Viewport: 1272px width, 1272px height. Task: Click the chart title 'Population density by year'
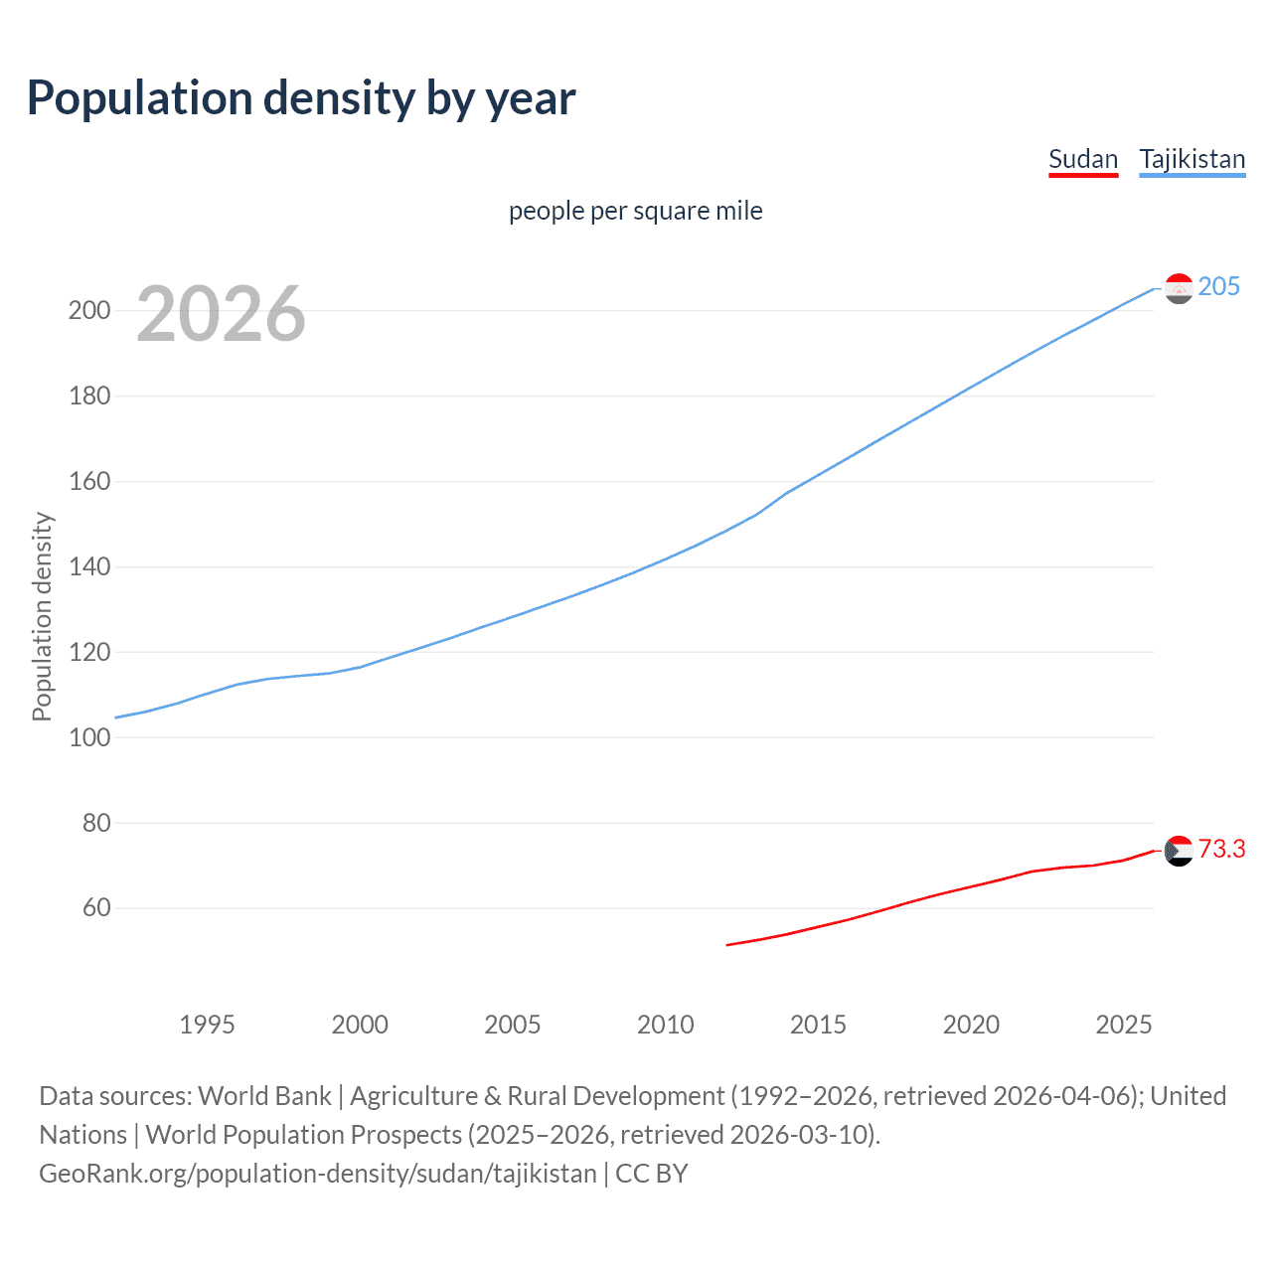(x=301, y=98)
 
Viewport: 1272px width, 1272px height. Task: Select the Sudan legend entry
(x=1083, y=159)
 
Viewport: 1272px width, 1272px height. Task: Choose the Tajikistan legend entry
(x=1192, y=159)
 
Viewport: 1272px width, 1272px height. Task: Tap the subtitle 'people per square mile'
(x=636, y=211)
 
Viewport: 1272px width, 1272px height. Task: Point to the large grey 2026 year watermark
(x=221, y=314)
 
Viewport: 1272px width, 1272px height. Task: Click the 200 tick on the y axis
(x=89, y=310)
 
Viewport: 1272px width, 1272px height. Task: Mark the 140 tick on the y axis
(x=89, y=566)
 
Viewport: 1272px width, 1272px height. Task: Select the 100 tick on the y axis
(x=89, y=737)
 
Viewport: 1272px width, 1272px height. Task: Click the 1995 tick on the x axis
(x=207, y=1025)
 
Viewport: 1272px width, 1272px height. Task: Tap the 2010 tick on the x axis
(x=665, y=1025)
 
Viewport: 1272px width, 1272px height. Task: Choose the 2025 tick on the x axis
(x=1123, y=1025)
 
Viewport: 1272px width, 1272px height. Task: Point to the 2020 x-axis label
(x=971, y=1025)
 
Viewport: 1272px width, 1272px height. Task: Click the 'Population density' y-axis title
(x=42, y=616)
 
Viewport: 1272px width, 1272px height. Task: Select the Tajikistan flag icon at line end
(x=1179, y=288)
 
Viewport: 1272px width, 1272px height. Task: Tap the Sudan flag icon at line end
(x=1179, y=851)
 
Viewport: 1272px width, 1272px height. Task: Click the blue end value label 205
(x=1219, y=287)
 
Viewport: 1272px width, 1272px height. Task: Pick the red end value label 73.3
(x=1221, y=850)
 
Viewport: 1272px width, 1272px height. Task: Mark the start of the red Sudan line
(x=727, y=945)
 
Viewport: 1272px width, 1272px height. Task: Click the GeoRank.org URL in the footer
(x=318, y=1174)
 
